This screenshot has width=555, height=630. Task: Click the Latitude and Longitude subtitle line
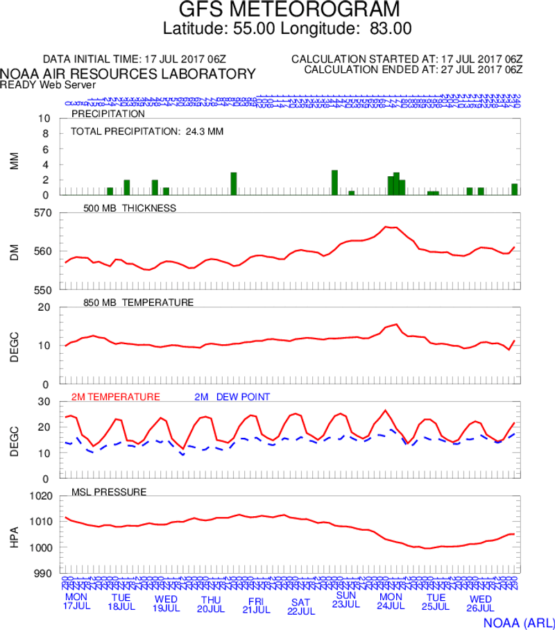[x=287, y=29]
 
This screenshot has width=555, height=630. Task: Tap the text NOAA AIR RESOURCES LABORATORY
[x=128, y=74]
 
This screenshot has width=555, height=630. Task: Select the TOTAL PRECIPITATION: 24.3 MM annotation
[x=147, y=130]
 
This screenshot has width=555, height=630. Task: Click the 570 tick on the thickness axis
[x=43, y=213]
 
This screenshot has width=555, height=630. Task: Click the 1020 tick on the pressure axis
[x=40, y=496]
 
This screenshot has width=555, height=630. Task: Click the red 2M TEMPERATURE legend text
[x=116, y=397]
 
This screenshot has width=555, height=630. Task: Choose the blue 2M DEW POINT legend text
[x=232, y=397]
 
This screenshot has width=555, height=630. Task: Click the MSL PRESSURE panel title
[x=109, y=492]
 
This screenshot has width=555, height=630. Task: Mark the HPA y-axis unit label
[x=15, y=535]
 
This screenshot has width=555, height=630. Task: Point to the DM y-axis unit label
[x=15, y=251]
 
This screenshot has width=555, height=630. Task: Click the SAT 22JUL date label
[x=301, y=606]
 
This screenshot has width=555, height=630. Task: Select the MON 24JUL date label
[x=391, y=601]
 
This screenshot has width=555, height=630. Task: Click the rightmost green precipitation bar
[x=515, y=189]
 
